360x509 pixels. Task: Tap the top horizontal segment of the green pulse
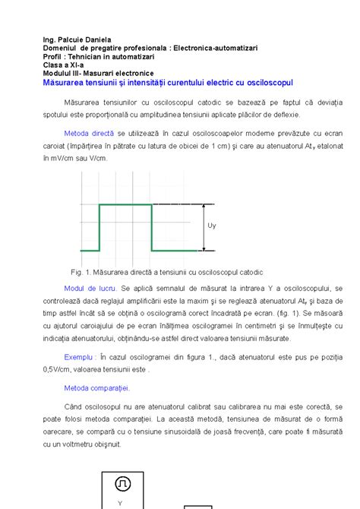pyautogui.click(x=126, y=205)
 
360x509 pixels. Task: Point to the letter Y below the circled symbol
pyautogui.click(x=120, y=503)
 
